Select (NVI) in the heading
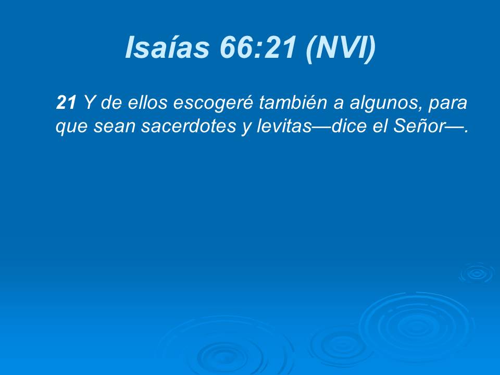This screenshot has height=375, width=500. tap(341, 48)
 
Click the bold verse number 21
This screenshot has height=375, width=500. tap(66, 103)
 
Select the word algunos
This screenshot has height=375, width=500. tap(383, 104)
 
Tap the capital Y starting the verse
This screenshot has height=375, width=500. tap(89, 103)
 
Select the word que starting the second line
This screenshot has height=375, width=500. tap(72, 128)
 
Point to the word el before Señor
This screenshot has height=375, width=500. tap(382, 127)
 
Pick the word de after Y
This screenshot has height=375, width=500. tap(109, 103)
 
